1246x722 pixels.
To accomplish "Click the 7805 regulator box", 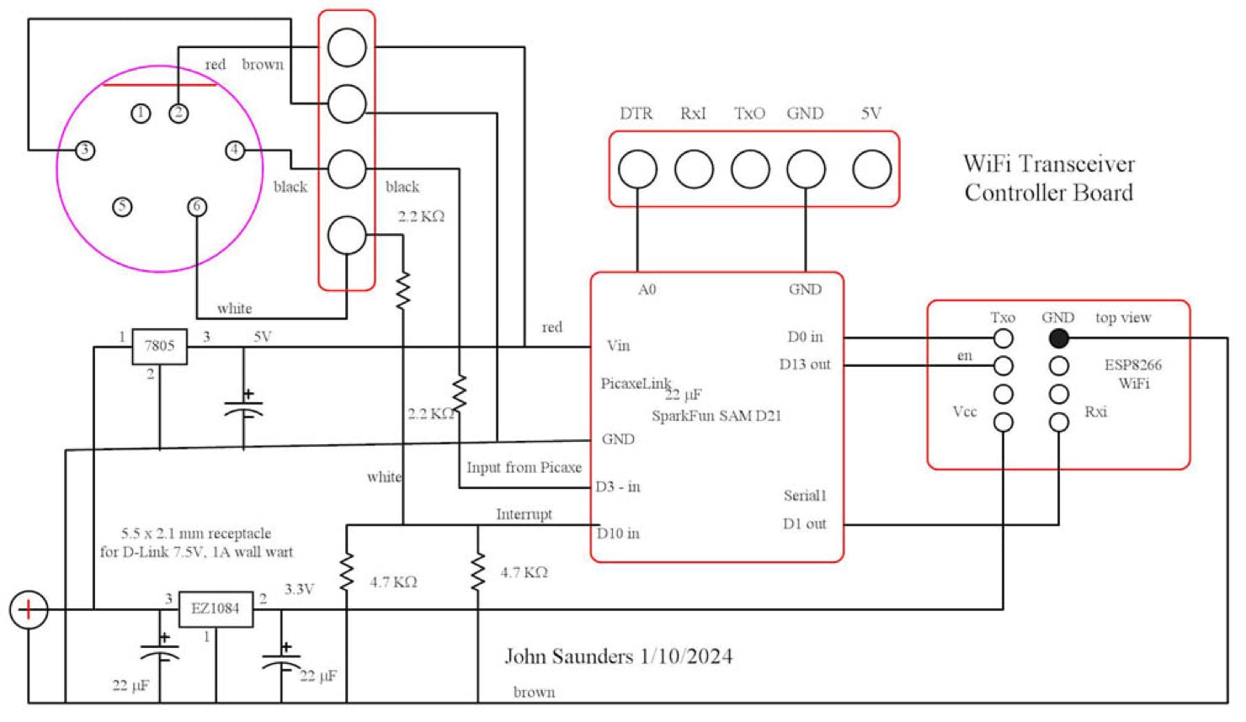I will pyautogui.click(x=159, y=346).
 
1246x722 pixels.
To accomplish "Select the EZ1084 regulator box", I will pyautogui.click(x=216, y=608).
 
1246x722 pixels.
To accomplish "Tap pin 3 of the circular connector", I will pyautogui.click(x=84, y=151).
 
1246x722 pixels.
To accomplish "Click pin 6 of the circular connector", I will pyautogui.click(x=197, y=206).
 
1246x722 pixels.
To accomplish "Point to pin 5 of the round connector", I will pyautogui.click(x=122, y=206).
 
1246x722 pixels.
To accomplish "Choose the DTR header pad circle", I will pyautogui.click(x=637, y=169).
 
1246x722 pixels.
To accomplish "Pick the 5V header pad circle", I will pyautogui.click(x=871, y=169).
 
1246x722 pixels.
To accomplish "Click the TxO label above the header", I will pyautogui.click(x=749, y=114).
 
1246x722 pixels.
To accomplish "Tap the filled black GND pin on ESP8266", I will pyautogui.click(x=1058, y=338).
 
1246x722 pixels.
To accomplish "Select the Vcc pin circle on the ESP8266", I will pyautogui.click(x=1003, y=422).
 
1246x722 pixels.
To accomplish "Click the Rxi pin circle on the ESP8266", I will pyautogui.click(x=1058, y=422).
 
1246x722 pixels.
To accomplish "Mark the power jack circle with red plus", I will pyautogui.click(x=29, y=609).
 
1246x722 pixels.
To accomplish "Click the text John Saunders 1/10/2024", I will pyautogui.click(x=618, y=656).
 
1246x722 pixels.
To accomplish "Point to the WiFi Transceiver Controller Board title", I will pyautogui.click(x=1048, y=178).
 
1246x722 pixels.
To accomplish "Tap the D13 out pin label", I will pyautogui.click(x=804, y=364).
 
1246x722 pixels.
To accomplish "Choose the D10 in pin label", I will pyautogui.click(x=618, y=534).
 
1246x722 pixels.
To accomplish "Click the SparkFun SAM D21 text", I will pyautogui.click(x=716, y=416).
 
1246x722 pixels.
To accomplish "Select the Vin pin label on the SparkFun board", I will pyautogui.click(x=618, y=346).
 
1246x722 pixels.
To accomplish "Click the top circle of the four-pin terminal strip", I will pyautogui.click(x=347, y=47).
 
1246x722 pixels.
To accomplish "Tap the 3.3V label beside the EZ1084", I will pyautogui.click(x=299, y=589).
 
